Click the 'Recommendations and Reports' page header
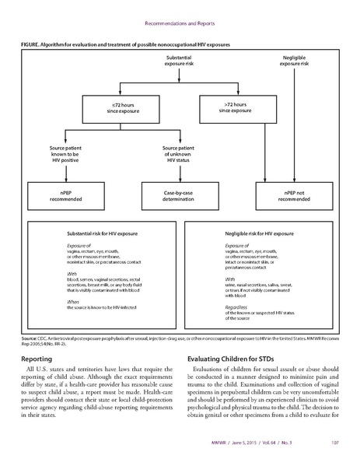tap(180, 10)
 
